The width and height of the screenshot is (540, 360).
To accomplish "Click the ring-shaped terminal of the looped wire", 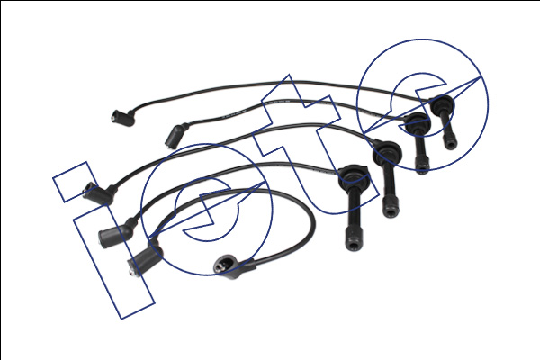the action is [x=223, y=265].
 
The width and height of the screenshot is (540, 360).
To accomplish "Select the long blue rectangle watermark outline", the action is [x=113, y=262].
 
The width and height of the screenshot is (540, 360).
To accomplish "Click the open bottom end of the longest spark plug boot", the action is [x=354, y=244].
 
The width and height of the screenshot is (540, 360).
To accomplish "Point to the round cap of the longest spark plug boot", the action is [x=354, y=175].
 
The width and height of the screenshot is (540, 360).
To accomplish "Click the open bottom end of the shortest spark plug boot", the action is [x=451, y=144].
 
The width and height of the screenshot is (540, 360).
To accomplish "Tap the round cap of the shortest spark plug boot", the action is [x=442, y=103].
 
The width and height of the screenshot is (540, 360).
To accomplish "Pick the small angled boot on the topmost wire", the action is [x=123, y=118].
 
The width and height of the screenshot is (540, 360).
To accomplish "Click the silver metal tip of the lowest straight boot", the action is [x=131, y=272].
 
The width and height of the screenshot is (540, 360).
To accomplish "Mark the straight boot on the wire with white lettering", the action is [x=177, y=136].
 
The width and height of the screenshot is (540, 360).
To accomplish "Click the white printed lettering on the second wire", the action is [x=233, y=114].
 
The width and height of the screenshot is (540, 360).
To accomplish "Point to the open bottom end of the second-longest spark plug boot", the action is [x=391, y=211].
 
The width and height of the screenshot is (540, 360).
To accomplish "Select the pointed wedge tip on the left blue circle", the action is [x=265, y=182].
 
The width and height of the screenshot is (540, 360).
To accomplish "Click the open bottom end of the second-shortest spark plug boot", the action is [x=422, y=169].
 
